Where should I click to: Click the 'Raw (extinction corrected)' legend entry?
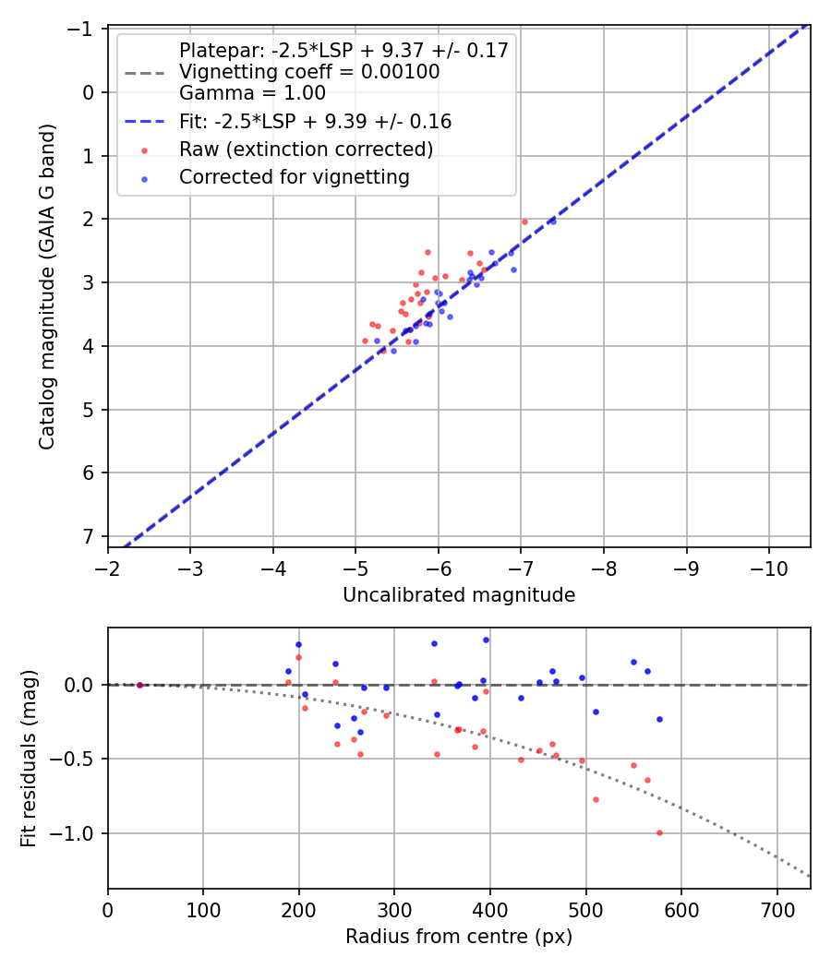[306, 150]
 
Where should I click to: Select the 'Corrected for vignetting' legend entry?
[295, 177]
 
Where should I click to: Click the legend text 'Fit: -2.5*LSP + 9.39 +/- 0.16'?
[315, 122]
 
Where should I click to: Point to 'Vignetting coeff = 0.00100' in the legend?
[309, 72]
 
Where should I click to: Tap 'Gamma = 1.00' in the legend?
[252, 93]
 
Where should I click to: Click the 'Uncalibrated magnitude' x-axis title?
[459, 595]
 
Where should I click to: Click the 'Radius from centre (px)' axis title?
[459, 937]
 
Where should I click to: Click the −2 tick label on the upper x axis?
[108, 567]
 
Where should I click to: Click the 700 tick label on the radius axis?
[777, 908]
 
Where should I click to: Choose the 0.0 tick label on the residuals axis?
[82, 685]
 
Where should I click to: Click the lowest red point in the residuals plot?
[659, 832]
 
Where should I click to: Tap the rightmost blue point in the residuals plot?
[659, 719]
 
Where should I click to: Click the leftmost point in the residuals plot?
[139, 685]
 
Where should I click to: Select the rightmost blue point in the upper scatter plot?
[553, 221]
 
